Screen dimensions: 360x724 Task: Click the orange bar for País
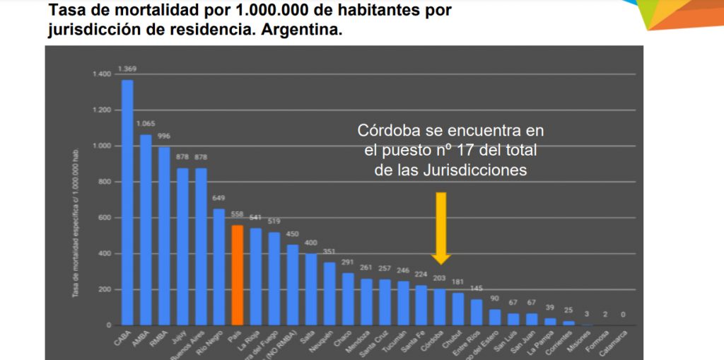[238, 275]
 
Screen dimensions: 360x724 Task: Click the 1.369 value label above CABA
[127, 69]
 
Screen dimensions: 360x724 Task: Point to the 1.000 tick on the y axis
[102, 146]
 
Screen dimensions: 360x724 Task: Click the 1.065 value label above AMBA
[146, 124]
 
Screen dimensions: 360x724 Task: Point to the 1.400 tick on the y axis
[102, 74]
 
